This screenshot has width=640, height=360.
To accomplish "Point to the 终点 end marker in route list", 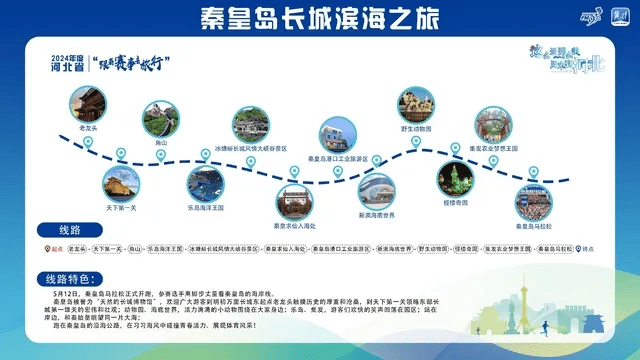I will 585,248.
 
